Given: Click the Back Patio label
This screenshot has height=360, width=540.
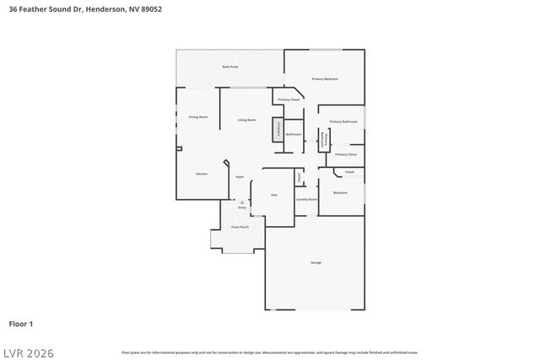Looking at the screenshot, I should pyautogui.click(x=229, y=67).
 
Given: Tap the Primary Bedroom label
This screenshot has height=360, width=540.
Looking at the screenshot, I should pyautogui.click(x=325, y=78).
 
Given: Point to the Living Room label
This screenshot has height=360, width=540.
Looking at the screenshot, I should pyautogui.click(x=246, y=121).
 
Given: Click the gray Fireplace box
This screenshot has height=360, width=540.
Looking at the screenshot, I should pyautogui.click(x=276, y=129).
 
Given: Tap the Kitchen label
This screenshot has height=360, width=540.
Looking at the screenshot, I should pyautogui.click(x=202, y=174).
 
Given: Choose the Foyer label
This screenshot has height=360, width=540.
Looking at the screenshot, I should pyautogui.click(x=240, y=177).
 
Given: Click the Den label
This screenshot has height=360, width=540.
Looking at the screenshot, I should pyautogui.click(x=274, y=195).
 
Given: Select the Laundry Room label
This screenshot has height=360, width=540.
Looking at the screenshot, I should pyautogui.click(x=306, y=199).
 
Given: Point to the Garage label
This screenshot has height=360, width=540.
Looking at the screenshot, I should pyautogui.click(x=316, y=262).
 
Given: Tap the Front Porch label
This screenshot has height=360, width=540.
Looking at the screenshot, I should pyautogui.click(x=240, y=227).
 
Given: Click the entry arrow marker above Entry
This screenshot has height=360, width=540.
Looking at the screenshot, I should pyautogui.click(x=241, y=202).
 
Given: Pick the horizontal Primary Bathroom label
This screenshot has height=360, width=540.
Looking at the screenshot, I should pyautogui.click(x=343, y=121).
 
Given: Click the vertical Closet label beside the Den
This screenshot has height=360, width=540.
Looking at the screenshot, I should pyautogui.click(x=298, y=177).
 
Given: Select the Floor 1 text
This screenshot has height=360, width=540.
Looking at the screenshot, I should pyautogui.click(x=21, y=323).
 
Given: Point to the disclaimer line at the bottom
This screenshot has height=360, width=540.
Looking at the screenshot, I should pyautogui.click(x=269, y=352).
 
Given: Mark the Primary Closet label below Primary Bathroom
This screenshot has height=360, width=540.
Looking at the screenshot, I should pyautogui.click(x=346, y=154).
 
